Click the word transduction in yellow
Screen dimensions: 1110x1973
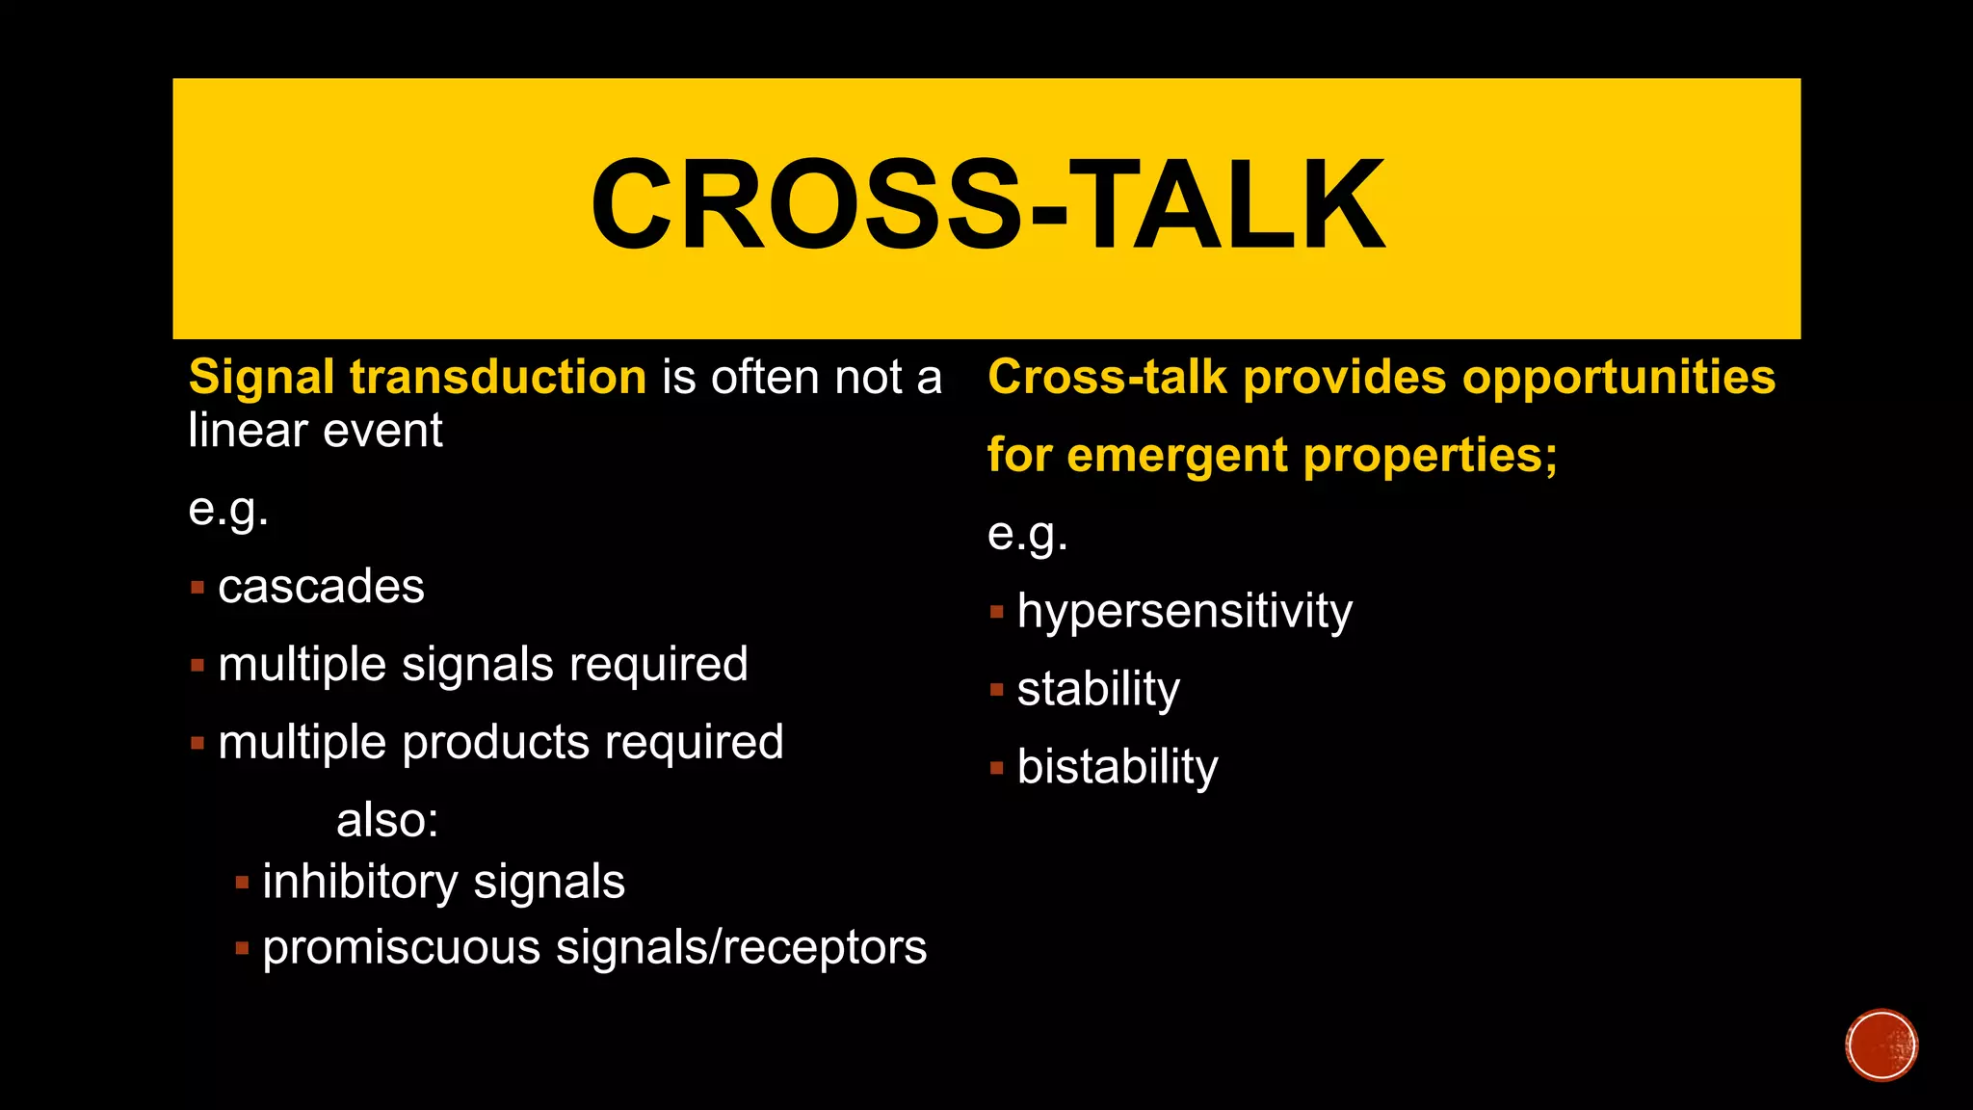tap(498, 377)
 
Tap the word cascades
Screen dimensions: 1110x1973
tap(321, 587)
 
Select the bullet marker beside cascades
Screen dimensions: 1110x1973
tap(197, 588)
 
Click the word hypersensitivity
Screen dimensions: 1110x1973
tap(1184, 612)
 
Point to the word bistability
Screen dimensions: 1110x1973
tap(1118, 768)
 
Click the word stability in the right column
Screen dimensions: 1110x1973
tap(1098, 690)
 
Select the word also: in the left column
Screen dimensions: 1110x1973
tap(387, 821)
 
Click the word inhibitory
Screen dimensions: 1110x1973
tap(360, 883)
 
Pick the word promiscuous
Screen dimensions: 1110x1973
tap(401, 948)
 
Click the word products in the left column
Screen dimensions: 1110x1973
tap(495, 744)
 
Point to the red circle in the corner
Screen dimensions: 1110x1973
tap(1881, 1044)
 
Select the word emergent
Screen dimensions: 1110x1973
tap(1177, 455)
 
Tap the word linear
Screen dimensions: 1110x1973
tap(248, 430)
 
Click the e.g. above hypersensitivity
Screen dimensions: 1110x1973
tap(1027, 534)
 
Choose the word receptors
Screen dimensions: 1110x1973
tap(825, 948)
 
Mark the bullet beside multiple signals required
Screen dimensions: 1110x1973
tap(197, 666)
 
